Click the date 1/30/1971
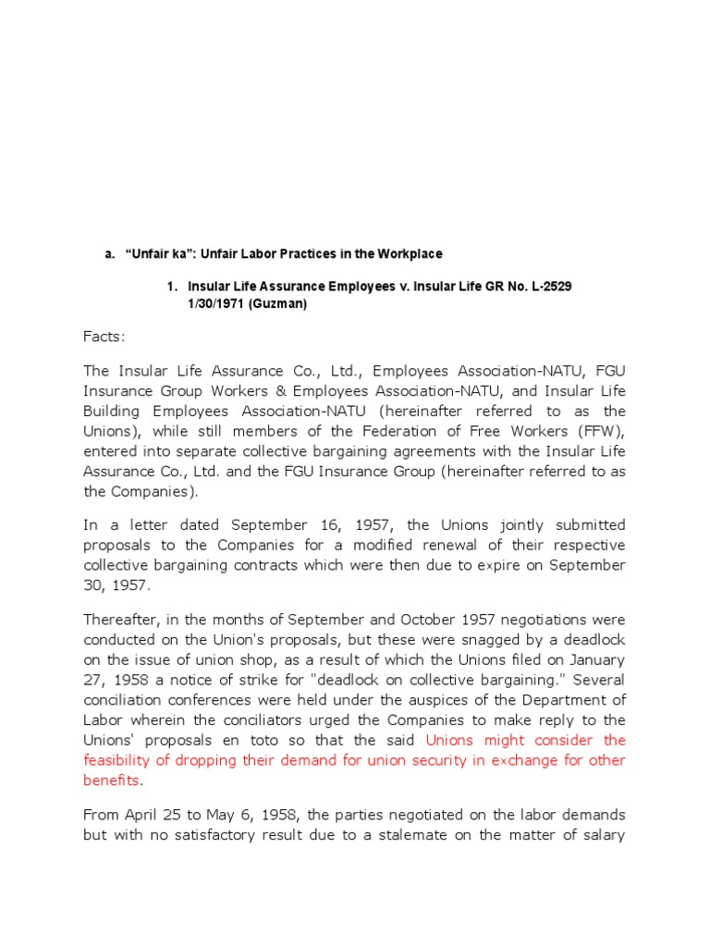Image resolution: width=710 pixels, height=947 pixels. tap(219, 304)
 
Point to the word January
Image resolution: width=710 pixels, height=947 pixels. tap(596, 658)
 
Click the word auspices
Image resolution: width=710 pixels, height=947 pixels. tap(439, 699)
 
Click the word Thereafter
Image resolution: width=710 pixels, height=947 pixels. tap(123, 618)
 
